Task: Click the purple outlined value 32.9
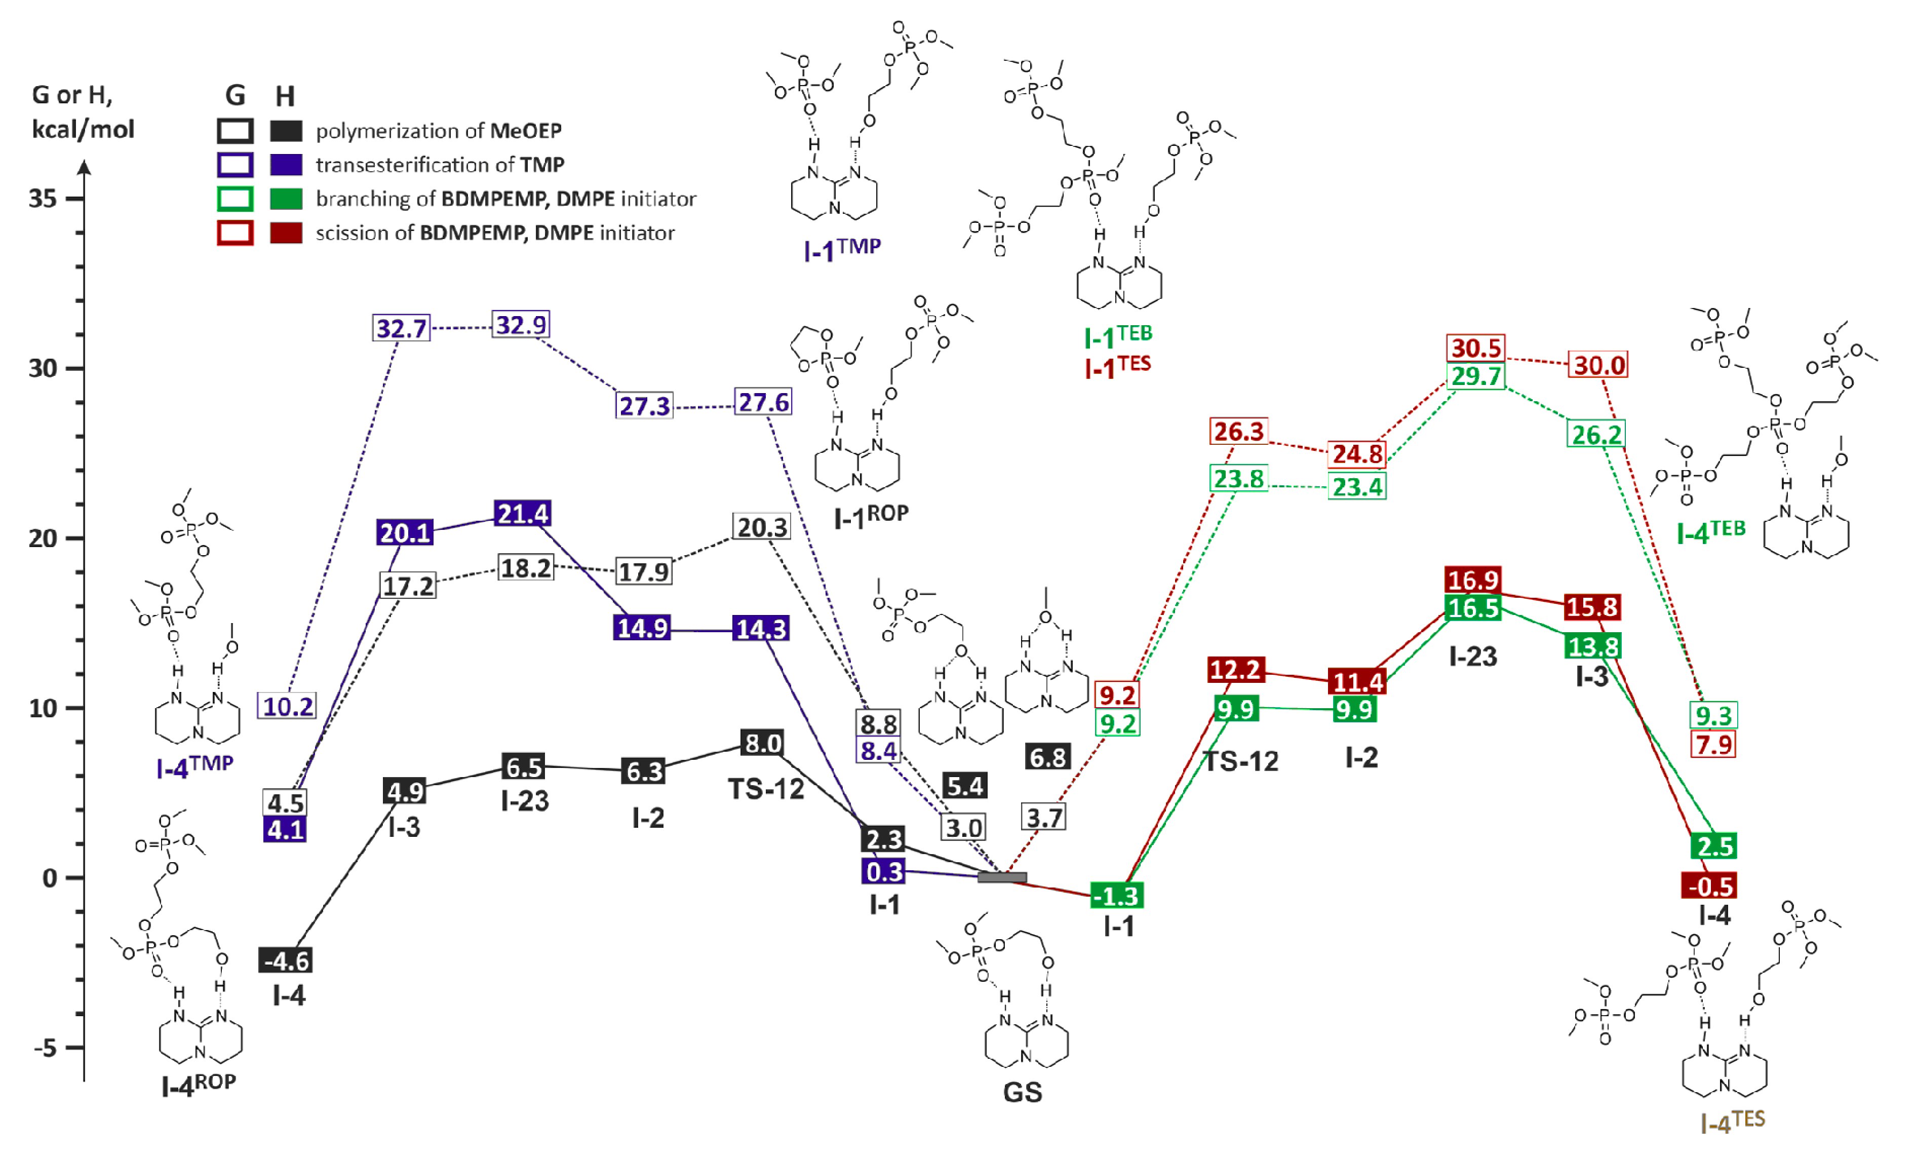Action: [x=521, y=325]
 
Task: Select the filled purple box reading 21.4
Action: [x=522, y=514]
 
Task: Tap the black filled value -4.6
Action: [x=286, y=961]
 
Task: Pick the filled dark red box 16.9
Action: [x=1473, y=580]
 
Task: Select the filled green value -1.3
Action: [x=1116, y=896]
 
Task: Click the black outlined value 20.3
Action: [x=761, y=527]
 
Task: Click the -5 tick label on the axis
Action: [x=45, y=1048]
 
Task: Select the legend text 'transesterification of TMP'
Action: [x=440, y=165]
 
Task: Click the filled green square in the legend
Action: [x=286, y=199]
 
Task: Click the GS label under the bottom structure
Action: [x=1022, y=1092]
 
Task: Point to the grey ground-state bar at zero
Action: [x=1001, y=877]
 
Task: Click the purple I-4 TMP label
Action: [x=194, y=767]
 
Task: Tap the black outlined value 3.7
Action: [x=1044, y=817]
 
